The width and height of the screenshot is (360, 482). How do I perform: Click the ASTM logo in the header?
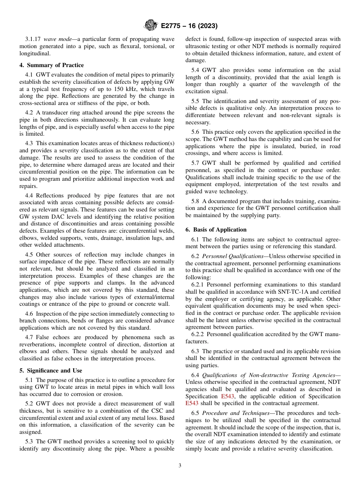point(151,26)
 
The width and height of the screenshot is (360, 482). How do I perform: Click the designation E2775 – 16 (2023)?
point(189,26)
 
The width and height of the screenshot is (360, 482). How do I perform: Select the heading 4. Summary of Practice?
point(52,65)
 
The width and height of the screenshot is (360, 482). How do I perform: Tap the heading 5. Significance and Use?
point(50,371)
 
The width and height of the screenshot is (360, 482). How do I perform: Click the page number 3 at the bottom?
point(180,465)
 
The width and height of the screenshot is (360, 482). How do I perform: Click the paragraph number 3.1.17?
point(33,39)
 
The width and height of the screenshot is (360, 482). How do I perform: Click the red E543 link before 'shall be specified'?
point(192,403)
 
